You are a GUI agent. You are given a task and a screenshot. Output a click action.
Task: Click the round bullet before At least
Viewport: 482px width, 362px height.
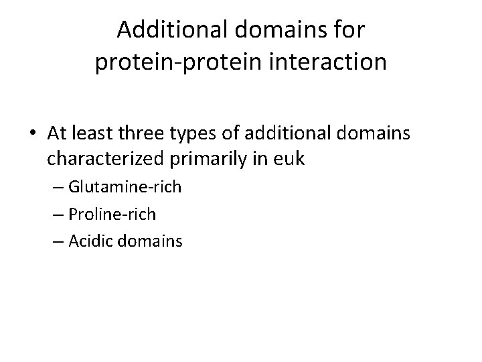click(35, 134)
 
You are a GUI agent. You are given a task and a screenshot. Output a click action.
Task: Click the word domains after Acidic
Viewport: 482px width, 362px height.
click(152, 240)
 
